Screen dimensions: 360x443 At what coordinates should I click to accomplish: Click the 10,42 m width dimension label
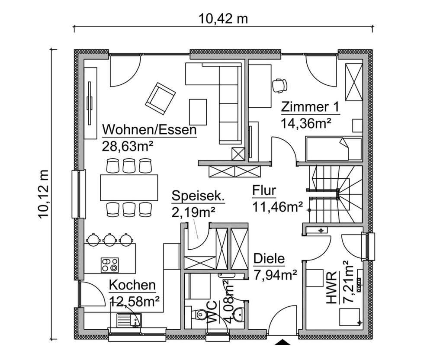click(223, 19)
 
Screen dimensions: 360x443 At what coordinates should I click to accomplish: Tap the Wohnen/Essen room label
click(149, 129)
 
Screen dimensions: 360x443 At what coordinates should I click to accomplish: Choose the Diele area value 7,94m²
click(275, 274)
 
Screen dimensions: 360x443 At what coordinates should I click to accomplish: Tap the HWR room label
click(332, 294)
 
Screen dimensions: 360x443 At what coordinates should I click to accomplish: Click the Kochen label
click(132, 285)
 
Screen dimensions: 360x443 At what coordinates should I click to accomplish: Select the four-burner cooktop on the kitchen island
click(109, 264)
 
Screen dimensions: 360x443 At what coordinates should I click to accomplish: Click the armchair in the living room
click(161, 98)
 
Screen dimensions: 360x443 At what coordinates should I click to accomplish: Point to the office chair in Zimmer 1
click(279, 85)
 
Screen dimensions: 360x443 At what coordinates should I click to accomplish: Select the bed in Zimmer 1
click(333, 148)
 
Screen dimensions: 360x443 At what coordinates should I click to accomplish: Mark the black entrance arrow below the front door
click(283, 343)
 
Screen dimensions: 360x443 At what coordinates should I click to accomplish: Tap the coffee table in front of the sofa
click(198, 111)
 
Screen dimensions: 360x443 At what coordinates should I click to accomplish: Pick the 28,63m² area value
click(128, 145)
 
